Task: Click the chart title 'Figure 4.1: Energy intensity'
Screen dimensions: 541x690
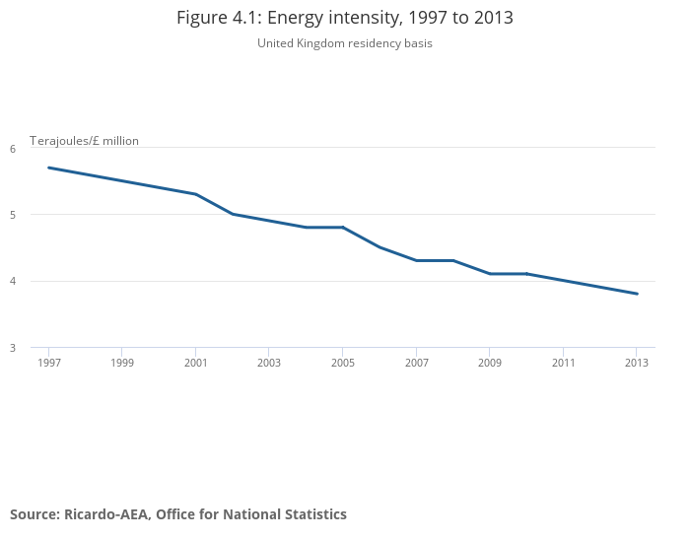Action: coord(344,18)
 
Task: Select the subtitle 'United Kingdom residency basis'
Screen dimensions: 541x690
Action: coord(344,43)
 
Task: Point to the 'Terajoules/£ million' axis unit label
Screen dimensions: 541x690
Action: coord(84,141)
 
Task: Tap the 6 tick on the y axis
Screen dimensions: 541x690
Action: coord(13,149)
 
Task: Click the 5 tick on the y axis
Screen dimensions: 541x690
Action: coord(13,215)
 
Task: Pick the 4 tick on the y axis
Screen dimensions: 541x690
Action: coord(13,282)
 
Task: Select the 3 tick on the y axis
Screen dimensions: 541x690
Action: coord(13,348)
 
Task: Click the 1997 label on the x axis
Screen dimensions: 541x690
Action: coord(48,363)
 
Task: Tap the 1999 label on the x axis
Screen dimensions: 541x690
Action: coord(122,363)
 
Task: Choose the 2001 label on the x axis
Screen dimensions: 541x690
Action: coord(195,363)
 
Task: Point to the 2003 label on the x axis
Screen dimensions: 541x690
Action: coord(269,363)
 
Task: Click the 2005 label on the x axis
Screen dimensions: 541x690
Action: coord(342,363)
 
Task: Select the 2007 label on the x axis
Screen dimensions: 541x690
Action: coord(416,363)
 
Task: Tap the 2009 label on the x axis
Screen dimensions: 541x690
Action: coord(490,363)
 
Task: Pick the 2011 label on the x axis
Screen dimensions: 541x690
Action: coord(563,363)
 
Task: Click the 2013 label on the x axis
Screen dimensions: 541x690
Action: coord(637,363)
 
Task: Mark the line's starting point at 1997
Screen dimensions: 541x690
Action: coord(48,168)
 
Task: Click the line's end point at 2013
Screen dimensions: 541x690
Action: coord(637,294)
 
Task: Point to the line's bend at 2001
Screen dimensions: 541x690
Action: coord(195,194)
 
